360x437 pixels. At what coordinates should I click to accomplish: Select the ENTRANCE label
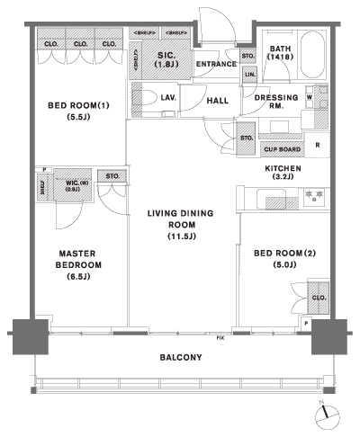216,64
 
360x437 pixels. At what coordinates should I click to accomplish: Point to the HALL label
217,102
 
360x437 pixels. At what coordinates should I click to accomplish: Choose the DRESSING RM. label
270,103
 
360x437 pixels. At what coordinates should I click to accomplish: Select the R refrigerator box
317,145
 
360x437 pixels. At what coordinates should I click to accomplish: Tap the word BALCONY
180,357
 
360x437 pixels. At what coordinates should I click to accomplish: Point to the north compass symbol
325,415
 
